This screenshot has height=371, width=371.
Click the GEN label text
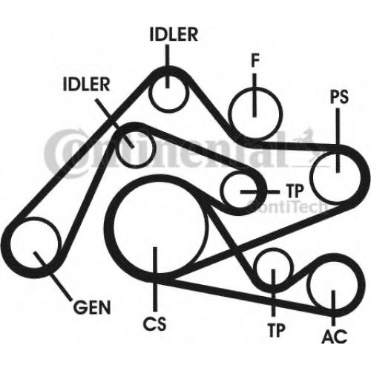pyautogui.click(x=92, y=307)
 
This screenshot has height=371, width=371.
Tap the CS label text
pyautogui.click(x=155, y=324)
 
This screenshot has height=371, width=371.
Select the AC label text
pyautogui.click(x=335, y=336)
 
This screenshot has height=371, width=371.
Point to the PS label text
pyautogui.click(x=340, y=97)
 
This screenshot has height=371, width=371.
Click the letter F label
pyautogui.click(x=255, y=60)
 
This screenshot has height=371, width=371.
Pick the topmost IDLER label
pyautogui.click(x=174, y=35)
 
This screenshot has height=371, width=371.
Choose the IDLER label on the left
pyautogui.click(x=86, y=84)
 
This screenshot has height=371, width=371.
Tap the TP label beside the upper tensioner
pyautogui.click(x=295, y=191)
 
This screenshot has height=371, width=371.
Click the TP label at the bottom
pyautogui.click(x=277, y=330)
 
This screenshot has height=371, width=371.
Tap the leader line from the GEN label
pyautogui.click(x=53, y=276)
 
